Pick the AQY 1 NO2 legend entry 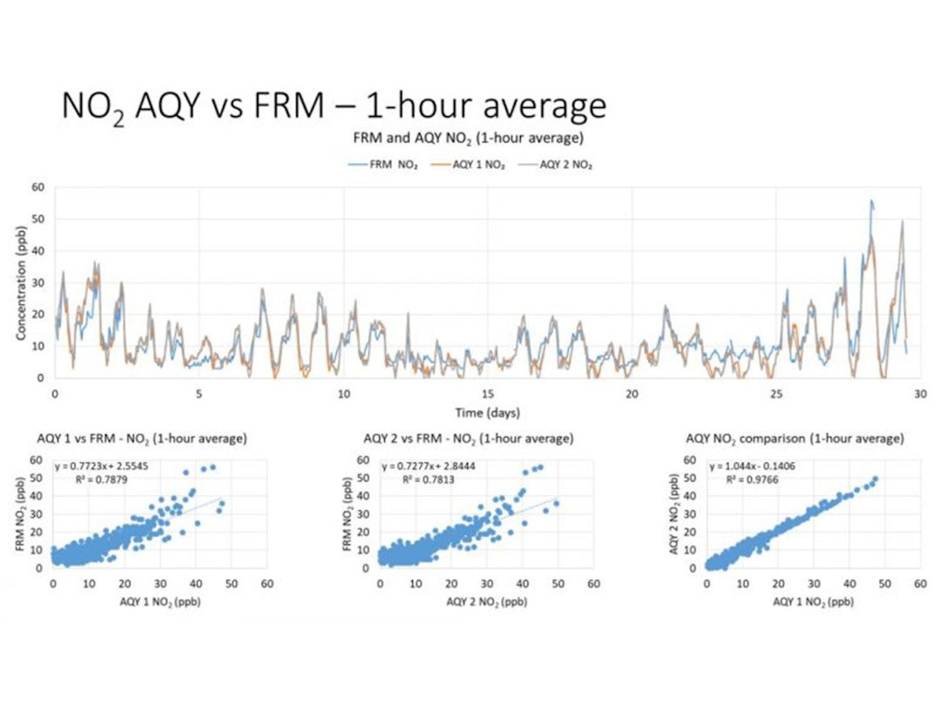pyautogui.click(x=471, y=165)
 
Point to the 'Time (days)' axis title pyautogui.click(x=487, y=412)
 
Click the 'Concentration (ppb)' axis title pyautogui.click(x=22, y=282)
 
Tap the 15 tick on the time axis pyautogui.click(x=488, y=393)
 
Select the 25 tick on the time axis pyautogui.click(x=776, y=393)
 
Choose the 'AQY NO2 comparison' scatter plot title pyautogui.click(x=795, y=438)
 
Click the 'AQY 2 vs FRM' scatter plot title pyautogui.click(x=468, y=438)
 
